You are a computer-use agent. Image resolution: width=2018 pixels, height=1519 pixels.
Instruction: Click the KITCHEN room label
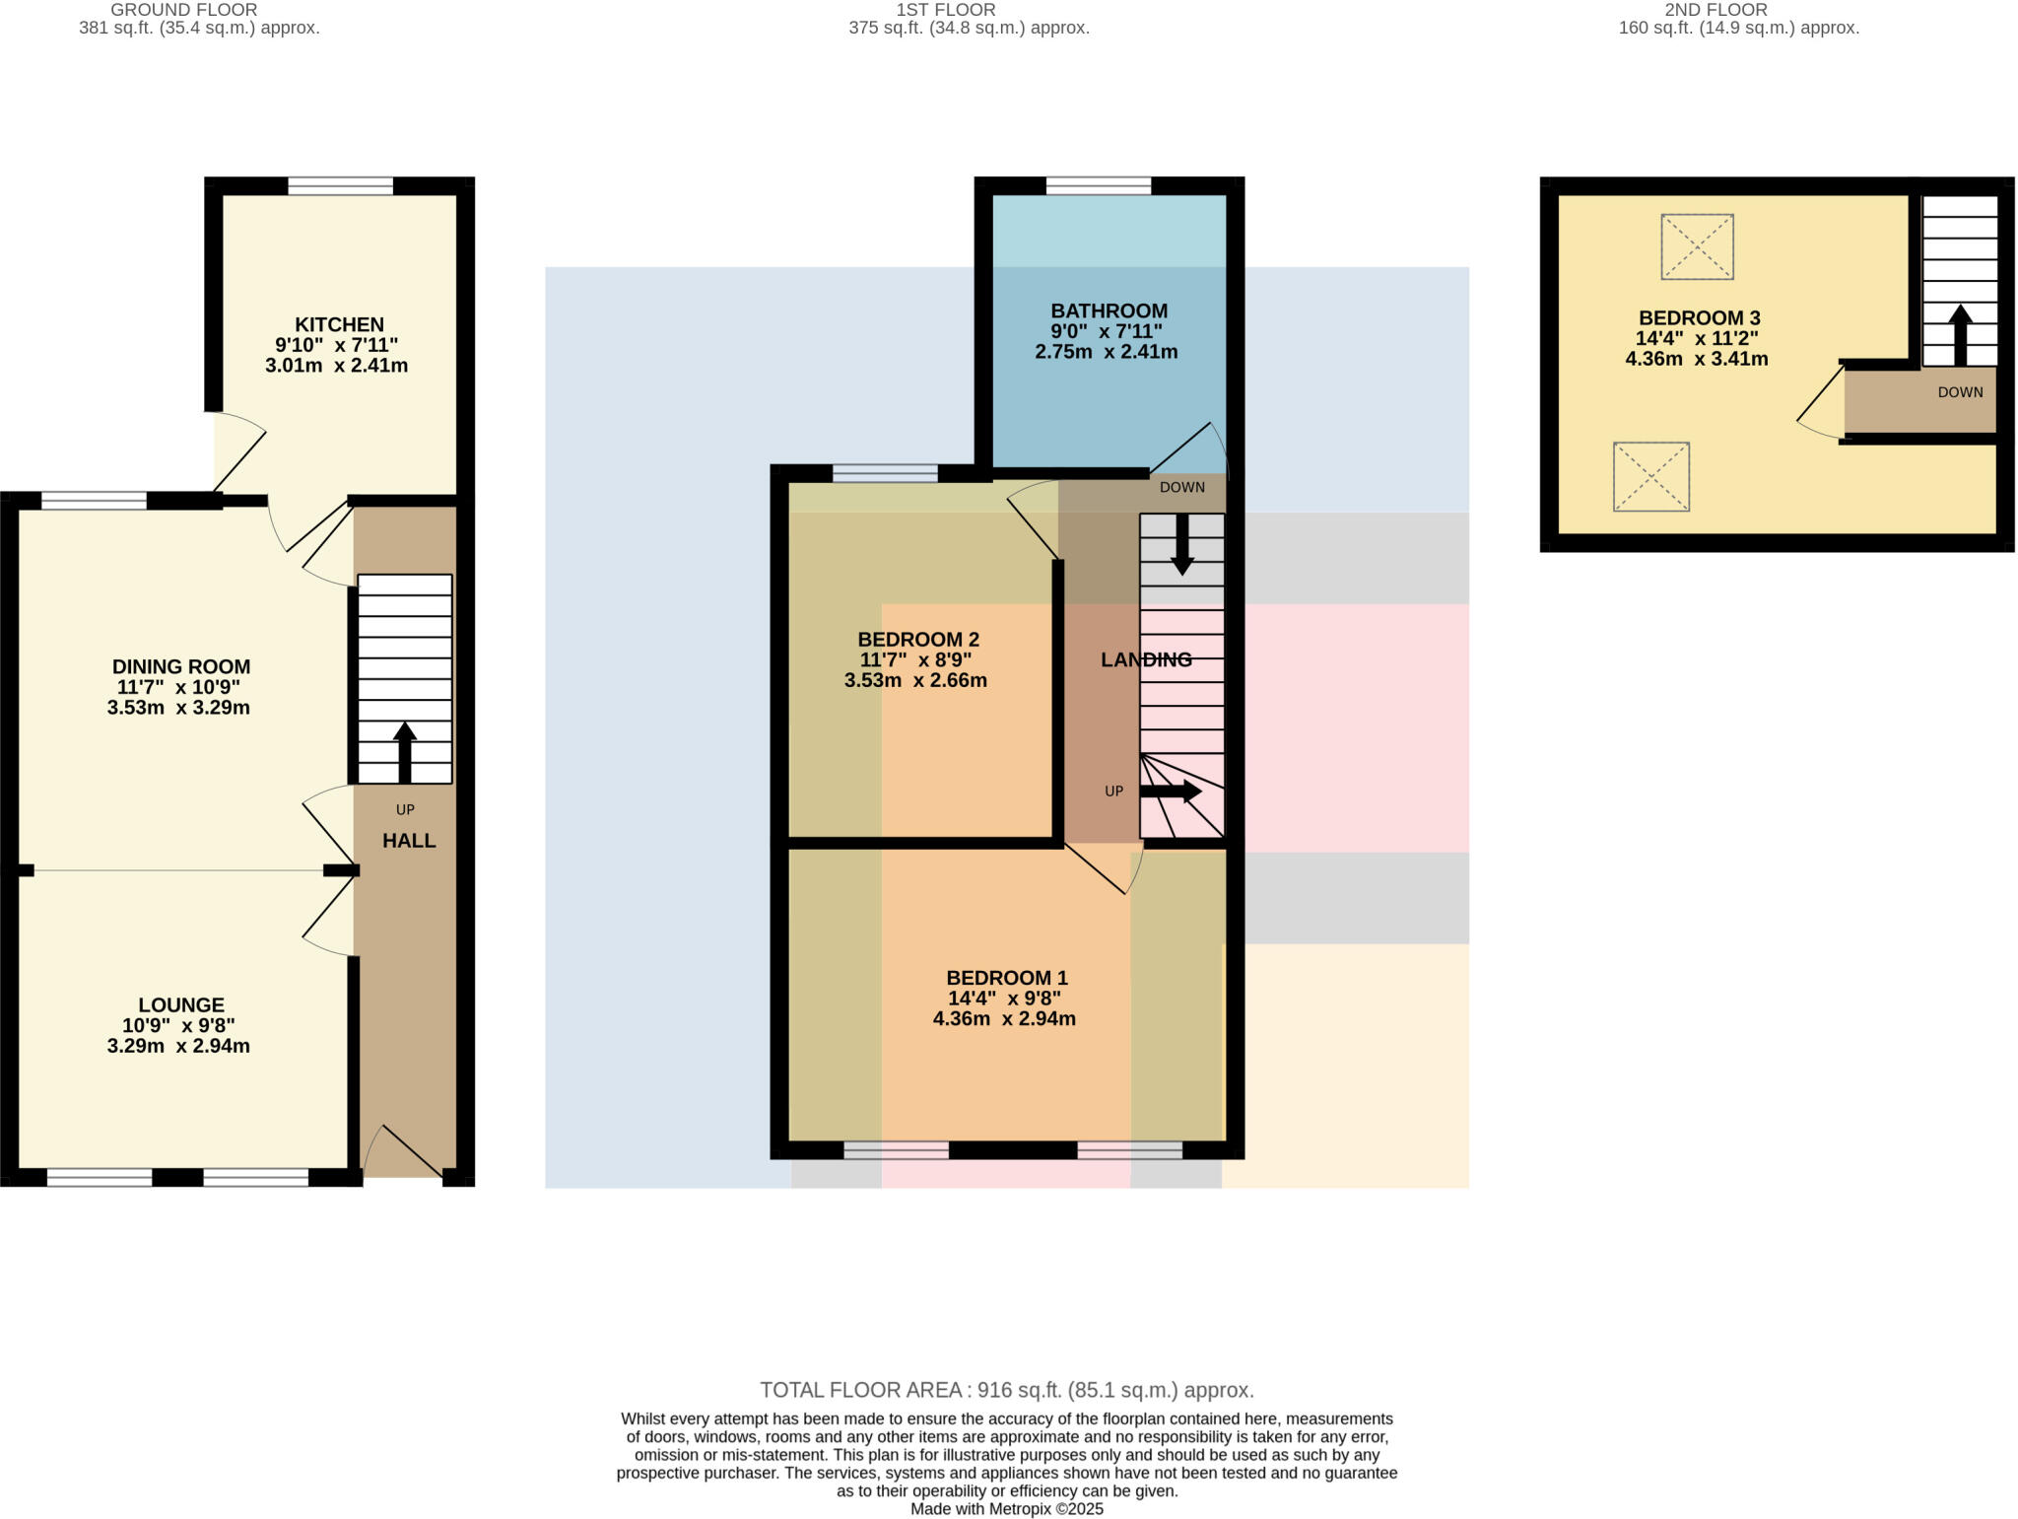[339, 324]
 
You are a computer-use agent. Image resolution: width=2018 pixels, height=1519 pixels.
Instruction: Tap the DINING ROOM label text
[180, 666]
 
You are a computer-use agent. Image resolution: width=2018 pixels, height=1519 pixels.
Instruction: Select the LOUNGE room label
[180, 1004]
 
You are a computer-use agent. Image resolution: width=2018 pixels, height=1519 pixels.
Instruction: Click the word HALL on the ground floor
[409, 841]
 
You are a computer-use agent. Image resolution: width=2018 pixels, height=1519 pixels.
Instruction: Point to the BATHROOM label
[1109, 311]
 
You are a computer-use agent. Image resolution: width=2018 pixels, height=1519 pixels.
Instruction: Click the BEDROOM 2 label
[917, 639]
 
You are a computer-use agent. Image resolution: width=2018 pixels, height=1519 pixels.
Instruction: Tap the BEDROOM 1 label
[1006, 978]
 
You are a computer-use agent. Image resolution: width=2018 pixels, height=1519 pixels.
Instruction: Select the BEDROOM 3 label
[1699, 317]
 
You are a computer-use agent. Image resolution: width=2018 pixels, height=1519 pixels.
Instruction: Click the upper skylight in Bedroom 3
[1697, 246]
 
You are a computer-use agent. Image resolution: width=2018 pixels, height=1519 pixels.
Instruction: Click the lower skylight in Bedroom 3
[1650, 477]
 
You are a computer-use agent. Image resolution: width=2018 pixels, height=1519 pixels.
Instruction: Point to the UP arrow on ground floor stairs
[404, 751]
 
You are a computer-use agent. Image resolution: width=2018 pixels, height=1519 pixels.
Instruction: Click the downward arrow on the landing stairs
[1181, 544]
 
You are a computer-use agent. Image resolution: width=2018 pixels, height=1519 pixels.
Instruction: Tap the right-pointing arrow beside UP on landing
[1172, 791]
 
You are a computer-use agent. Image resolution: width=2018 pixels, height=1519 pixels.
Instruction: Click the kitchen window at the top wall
[340, 186]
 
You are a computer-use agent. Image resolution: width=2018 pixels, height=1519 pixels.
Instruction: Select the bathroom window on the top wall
[1098, 186]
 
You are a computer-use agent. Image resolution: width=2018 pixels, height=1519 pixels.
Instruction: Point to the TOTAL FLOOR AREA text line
[1006, 1390]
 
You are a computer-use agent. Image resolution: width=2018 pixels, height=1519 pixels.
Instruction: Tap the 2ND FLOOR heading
[1715, 10]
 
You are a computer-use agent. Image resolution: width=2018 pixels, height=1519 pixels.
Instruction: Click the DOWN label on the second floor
[1959, 392]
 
